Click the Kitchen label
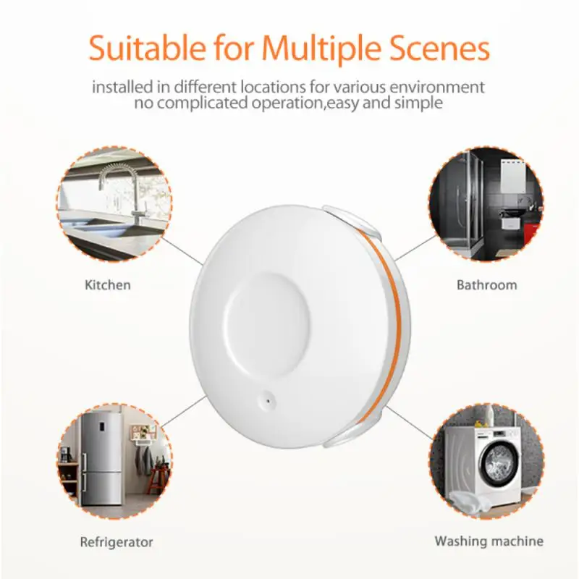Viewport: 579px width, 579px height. [107, 284]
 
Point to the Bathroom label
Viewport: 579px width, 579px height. [486, 284]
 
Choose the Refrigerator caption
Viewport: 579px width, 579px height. [117, 541]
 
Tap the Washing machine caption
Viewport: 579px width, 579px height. [489, 541]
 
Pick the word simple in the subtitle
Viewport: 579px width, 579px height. [415, 103]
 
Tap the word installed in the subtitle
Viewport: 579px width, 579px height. [121, 88]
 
